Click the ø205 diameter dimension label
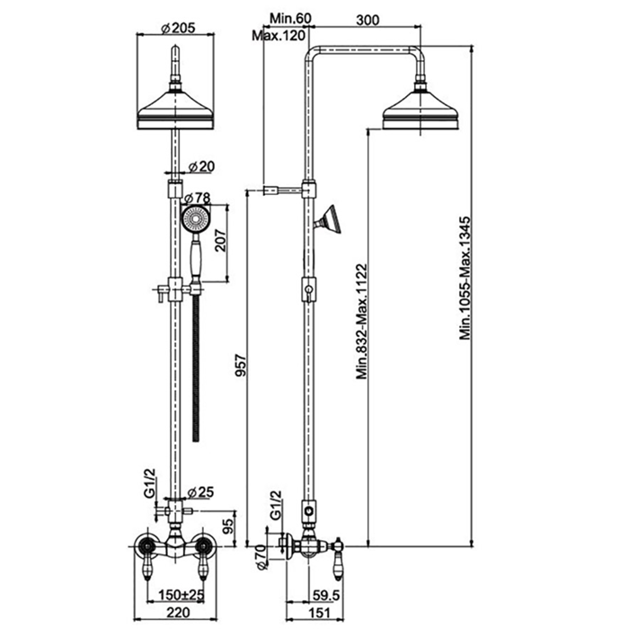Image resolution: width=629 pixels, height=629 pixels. (x=179, y=27)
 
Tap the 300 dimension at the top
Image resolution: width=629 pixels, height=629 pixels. (x=365, y=17)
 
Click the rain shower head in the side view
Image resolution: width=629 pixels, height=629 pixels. (x=420, y=111)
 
